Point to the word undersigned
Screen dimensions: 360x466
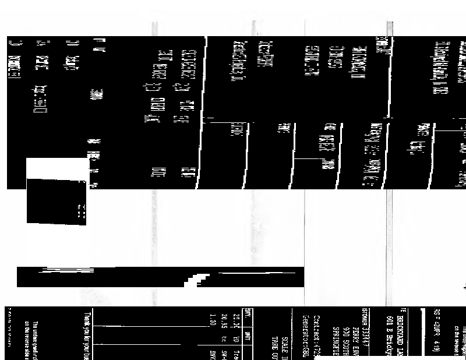pos(35,334)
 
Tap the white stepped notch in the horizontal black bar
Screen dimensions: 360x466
pos(198,279)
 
